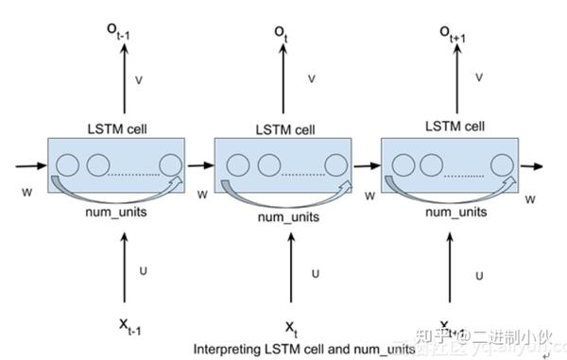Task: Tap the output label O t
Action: tap(282, 34)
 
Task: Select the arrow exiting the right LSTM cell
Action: tap(531, 166)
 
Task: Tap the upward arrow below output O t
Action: tap(282, 83)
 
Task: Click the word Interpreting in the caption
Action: tap(222, 349)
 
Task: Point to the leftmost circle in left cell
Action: tap(66, 165)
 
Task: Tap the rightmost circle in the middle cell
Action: tap(336, 166)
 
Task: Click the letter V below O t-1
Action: tap(140, 81)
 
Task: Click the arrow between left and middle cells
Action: tap(200, 165)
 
